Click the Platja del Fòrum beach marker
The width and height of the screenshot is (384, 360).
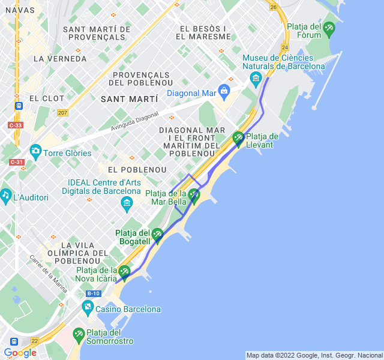329,29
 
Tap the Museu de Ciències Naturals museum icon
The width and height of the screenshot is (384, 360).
256,78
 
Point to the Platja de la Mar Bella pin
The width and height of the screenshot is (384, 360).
194,196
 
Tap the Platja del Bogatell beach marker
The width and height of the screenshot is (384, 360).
157,235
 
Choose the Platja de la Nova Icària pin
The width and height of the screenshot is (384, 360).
124,272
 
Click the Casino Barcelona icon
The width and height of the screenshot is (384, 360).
88,309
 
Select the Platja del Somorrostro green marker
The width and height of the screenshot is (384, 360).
79,334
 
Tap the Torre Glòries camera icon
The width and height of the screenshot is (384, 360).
35,151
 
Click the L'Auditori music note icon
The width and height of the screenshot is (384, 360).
6,195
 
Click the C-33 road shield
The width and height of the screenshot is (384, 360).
16,125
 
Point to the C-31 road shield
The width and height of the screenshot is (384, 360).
16,162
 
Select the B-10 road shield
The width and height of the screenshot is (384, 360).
93,293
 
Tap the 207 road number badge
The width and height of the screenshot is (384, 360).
62,112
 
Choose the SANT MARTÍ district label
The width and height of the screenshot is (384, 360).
130,98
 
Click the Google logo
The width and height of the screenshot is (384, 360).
20,352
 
